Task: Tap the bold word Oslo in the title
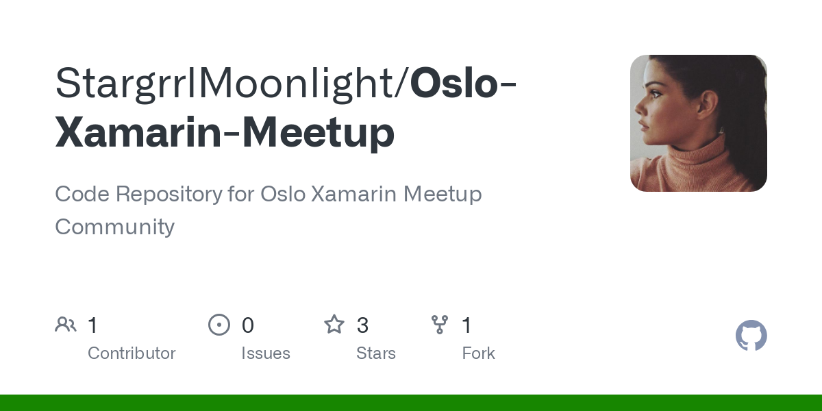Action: (x=454, y=84)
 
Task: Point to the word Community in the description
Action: (x=114, y=227)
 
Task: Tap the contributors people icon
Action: (x=66, y=325)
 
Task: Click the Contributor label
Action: (x=132, y=353)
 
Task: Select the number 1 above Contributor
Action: (x=93, y=325)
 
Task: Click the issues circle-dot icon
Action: (x=219, y=325)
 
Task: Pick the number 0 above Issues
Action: (x=248, y=325)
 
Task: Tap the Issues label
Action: (x=266, y=353)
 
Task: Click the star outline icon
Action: (x=334, y=325)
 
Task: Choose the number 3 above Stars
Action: (x=363, y=325)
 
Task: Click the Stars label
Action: (x=376, y=353)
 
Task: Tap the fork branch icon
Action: (x=439, y=325)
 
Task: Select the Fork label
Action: (x=478, y=353)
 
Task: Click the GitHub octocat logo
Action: (x=751, y=336)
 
